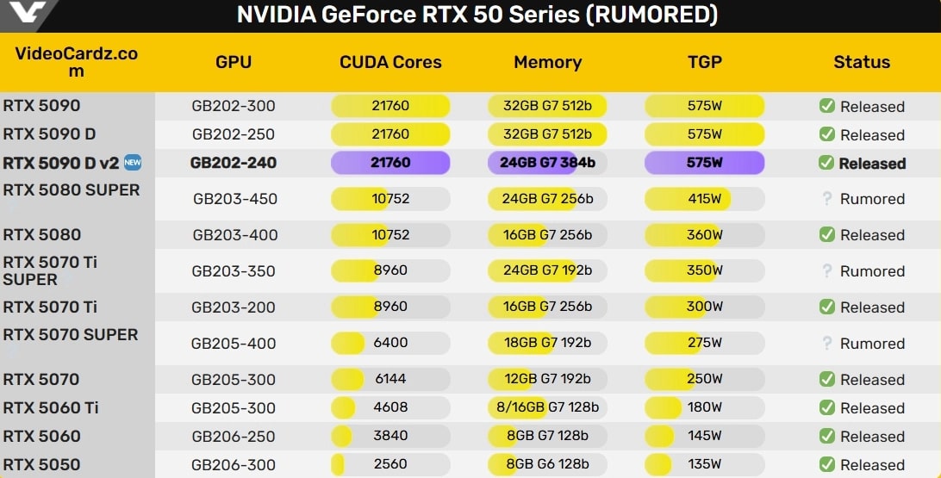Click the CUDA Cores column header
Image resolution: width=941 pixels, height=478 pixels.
tap(390, 62)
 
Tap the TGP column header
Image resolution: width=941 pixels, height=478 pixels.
tap(704, 62)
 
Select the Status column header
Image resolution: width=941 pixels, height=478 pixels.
tap(862, 62)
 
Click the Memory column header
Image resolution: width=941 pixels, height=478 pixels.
tap(547, 62)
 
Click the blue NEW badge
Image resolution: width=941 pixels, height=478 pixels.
tap(132, 162)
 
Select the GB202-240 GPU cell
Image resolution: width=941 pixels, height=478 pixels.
tap(234, 163)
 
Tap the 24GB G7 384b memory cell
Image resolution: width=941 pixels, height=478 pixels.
tap(547, 163)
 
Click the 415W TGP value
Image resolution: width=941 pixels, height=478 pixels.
tap(704, 199)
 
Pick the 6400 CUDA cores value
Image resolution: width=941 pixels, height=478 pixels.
tap(390, 343)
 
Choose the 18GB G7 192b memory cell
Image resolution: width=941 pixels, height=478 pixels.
tap(547, 343)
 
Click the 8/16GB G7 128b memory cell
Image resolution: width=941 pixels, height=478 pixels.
tap(547, 407)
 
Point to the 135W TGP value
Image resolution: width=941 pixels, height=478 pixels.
tap(704, 464)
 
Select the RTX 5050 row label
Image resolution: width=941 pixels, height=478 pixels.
tap(41, 464)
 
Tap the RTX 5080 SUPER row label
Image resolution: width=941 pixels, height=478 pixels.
tap(71, 190)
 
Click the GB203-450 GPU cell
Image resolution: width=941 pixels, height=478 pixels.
tap(234, 199)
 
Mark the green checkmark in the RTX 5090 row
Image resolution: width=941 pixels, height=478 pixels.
tap(826, 106)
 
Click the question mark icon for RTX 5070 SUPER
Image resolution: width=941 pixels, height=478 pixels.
tap(826, 343)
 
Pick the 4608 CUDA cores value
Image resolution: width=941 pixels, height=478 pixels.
tap(390, 407)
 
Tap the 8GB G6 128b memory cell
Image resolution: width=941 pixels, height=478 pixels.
tap(547, 464)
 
